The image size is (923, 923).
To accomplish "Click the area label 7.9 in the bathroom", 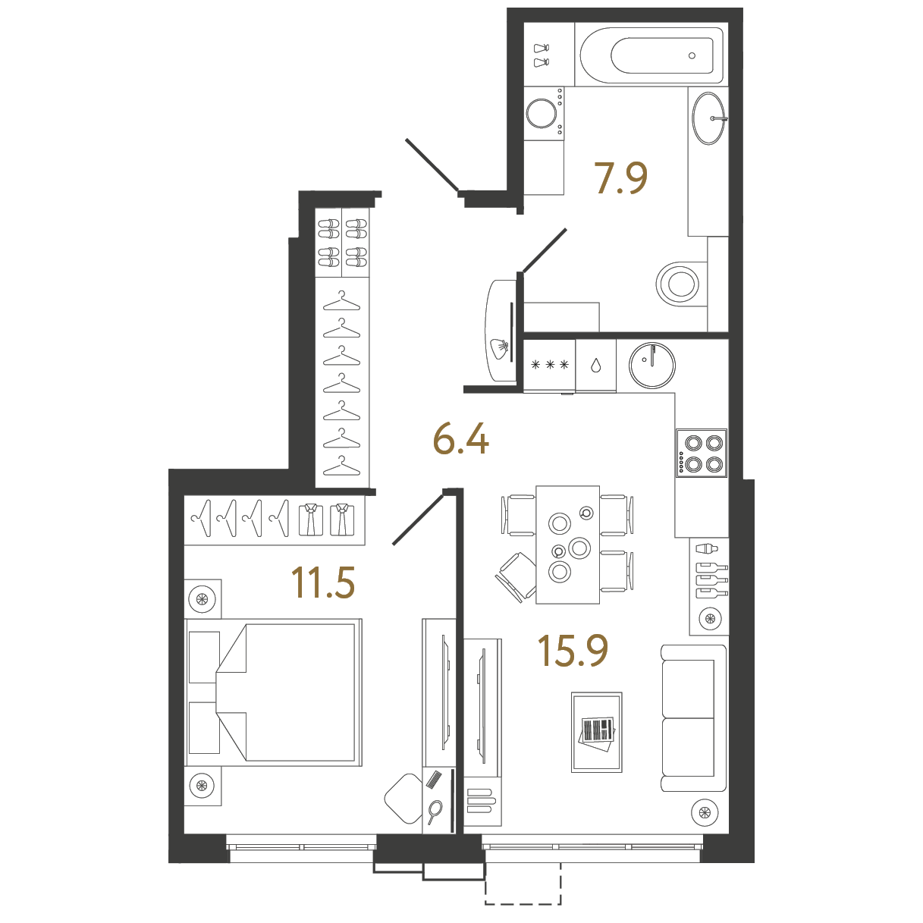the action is pos(620,177).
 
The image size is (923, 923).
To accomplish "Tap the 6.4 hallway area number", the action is pos(461,438).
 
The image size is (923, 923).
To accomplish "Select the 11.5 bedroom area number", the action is pos(323,582).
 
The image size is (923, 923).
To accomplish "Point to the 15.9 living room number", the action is pos(573,651).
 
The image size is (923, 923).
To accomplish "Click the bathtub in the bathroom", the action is pos(651,55).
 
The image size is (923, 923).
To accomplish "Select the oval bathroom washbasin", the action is pos(709,118).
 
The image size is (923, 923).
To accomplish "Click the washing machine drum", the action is pos(542,114).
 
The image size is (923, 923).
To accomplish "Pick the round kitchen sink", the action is pos(652,366).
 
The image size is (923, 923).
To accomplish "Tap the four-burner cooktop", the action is pos(702,453).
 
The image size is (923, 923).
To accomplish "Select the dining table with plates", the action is pos(567,545).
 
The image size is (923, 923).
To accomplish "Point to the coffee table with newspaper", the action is pos(596,732).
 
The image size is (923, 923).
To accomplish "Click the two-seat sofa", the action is pos(693,717).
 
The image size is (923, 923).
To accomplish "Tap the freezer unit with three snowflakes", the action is pos(549,366).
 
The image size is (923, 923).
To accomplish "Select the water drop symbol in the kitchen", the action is pos(596,366).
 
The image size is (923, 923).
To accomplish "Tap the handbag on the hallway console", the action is pos(499,348).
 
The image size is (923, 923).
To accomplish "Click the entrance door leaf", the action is pos(432,165).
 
